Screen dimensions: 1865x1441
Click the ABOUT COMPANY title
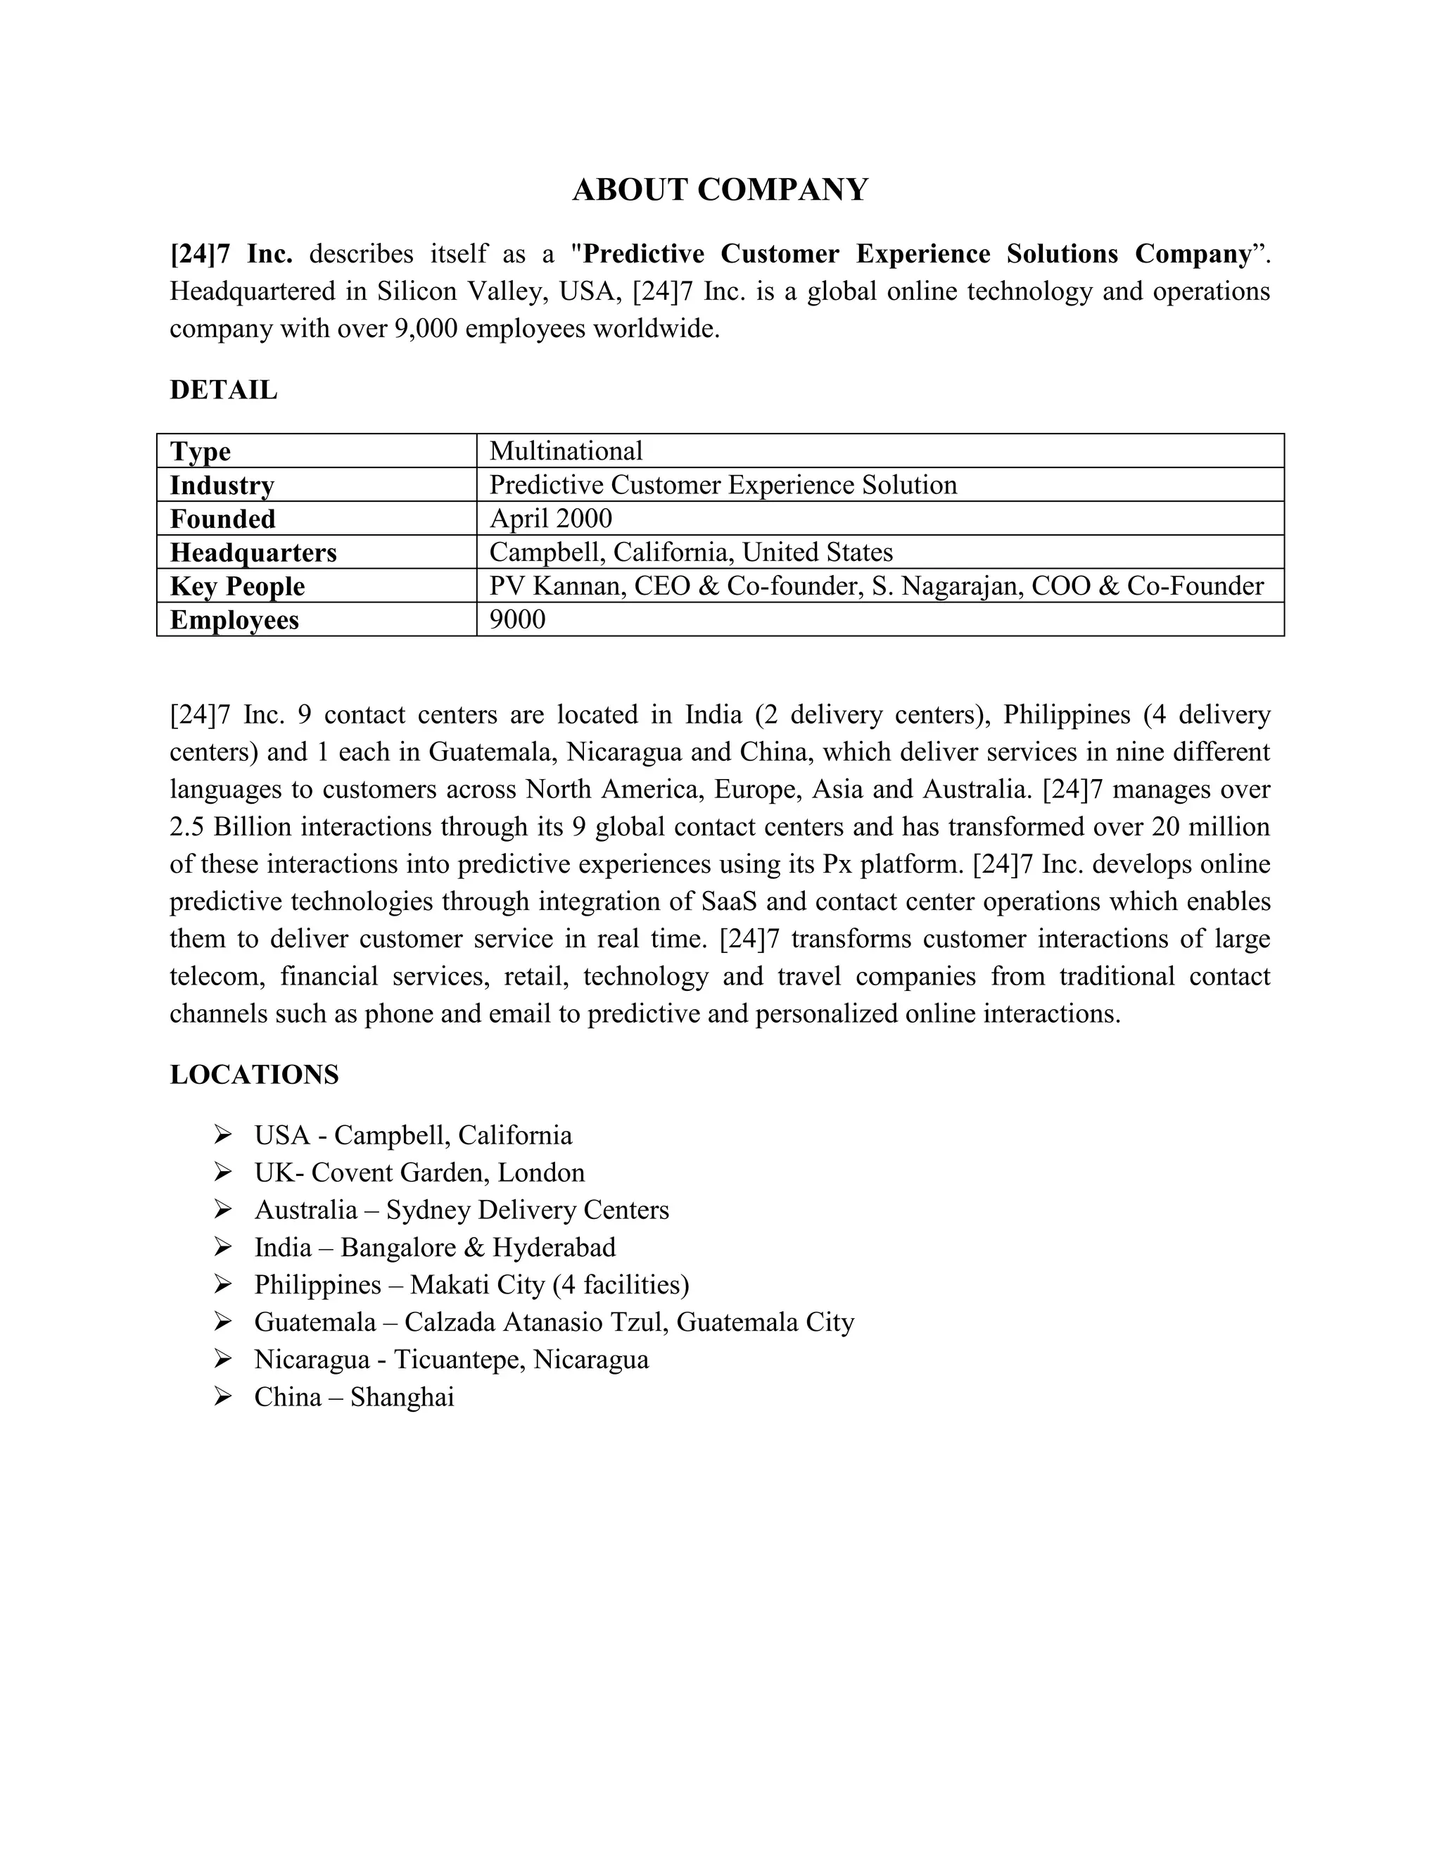[720, 189]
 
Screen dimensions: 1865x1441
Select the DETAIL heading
[224, 391]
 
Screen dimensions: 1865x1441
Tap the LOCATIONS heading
[255, 1074]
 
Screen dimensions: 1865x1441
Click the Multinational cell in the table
[566, 451]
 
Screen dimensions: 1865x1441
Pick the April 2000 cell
[551, 519]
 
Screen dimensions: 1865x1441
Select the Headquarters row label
[253, 552]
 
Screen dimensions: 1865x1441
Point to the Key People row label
[237, 587]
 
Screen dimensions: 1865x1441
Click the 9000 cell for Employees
[517, 619]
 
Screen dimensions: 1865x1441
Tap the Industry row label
[222, 485]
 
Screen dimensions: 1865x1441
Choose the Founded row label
[223, 519]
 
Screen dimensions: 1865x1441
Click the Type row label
[201, 452]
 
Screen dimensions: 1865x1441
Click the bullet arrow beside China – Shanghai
[223, 1397]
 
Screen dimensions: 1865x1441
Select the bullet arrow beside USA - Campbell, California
[223, 1135]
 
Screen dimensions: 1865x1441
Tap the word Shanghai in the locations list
[402, 1397]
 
